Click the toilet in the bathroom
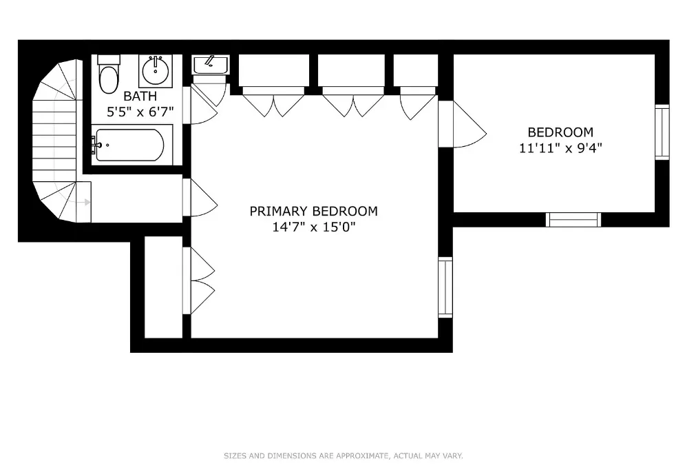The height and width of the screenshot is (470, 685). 108,76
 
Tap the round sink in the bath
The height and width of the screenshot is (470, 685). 156,70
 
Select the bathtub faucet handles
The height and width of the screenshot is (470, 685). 96,145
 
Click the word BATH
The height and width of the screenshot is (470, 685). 140,96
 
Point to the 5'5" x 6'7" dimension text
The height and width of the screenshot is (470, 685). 140,111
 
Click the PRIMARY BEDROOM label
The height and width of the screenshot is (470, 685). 313,212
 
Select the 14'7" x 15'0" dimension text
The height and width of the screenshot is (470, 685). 313,227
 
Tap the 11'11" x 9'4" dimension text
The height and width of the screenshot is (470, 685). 560,147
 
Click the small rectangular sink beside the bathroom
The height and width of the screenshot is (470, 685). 210,65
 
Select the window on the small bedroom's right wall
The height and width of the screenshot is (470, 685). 662,132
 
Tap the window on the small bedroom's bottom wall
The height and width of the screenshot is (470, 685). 573,220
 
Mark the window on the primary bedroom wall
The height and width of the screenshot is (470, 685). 445,287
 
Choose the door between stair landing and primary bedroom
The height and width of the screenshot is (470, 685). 201,198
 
